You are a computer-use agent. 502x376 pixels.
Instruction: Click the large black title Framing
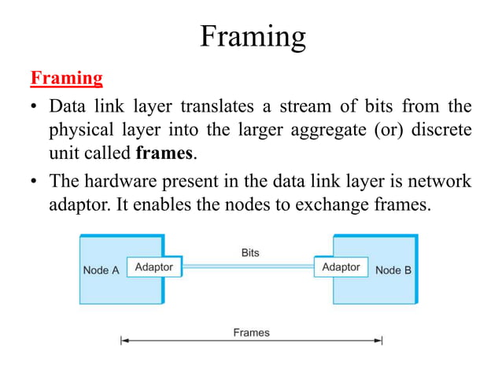pos(252,36)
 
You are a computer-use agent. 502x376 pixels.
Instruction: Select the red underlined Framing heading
pos(66,78)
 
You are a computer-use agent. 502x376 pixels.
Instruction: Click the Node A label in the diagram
pos(101,270)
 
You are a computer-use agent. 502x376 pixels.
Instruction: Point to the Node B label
pos(393,270)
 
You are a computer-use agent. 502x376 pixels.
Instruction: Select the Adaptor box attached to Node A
pos(154,267)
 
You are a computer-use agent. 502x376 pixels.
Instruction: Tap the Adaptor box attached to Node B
pos(341,267)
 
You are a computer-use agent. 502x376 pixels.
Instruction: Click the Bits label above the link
pos(249,253)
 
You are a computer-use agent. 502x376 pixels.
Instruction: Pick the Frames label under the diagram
pos(251,333)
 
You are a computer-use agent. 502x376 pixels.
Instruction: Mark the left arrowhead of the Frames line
pos(123,341)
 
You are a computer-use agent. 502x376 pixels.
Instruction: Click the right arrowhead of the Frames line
pos(380,341)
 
